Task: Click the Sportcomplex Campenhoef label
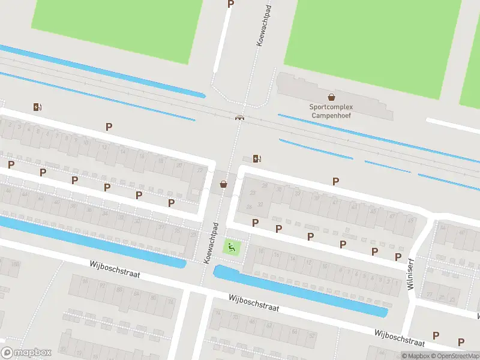[x=331, y=111]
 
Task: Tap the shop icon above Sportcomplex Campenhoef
[x=331, y=97]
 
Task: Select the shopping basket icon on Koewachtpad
[x=224, y=184]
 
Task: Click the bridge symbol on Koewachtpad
[x=240, y=117]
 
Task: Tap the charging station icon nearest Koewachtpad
[x=257, y=158]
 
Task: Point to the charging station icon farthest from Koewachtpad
[x=38, y=107]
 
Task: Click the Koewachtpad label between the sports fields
[x=260, y=28]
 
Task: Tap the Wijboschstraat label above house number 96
[x=115, y=269]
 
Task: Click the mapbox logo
[x=26, y=353]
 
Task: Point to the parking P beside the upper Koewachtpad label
[x=230, y=4]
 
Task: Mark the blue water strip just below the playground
[x=300, y=290]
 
